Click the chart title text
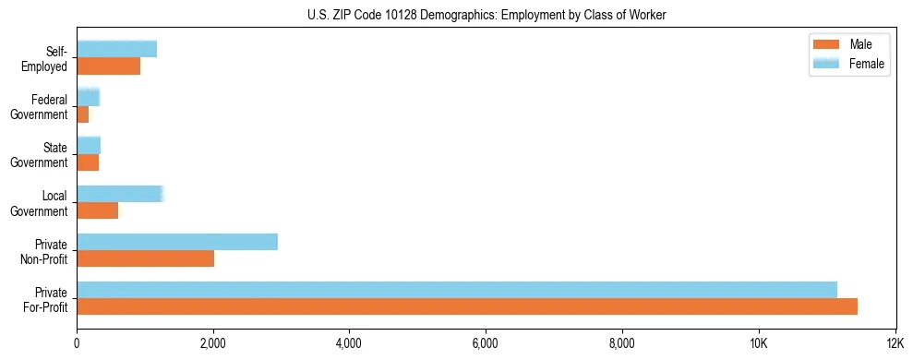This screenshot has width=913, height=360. click(x=486, y=15)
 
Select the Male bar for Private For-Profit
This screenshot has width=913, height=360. click(x=466, y=306)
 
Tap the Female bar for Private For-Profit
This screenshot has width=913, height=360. click(x=456, y=289)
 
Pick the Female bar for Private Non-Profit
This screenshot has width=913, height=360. click(x=177, y=242)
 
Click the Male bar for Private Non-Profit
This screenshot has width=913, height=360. click(x=145, y=259)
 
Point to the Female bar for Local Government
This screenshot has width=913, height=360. click(x=120, y=194)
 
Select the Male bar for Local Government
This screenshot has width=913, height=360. click(x=97, y=210)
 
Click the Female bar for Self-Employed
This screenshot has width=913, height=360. click(x=116, y=49)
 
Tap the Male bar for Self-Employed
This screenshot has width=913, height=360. click(x=108, y=66)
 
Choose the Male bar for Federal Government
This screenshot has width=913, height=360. click(x=82, y=114)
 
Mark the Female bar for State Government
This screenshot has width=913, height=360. click(x=89, y=146)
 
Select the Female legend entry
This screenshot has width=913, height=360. click(x=853, y=63)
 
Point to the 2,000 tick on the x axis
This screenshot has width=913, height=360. click(x=213, y=343)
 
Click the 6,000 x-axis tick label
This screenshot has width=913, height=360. click(x=486, y=343)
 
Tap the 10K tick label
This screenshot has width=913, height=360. click(x=758, y=343)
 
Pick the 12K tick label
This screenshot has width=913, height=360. click(x=895, y=343)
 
